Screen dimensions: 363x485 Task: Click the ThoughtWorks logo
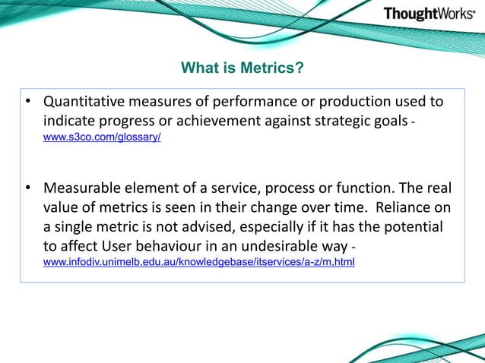click(430, 14)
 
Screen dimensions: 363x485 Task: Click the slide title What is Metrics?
click(242, 69)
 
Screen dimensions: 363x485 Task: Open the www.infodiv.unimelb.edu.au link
click(198, 263)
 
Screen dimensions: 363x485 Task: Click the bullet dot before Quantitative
click(27, 102)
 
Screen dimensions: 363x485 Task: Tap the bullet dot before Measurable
click(27, 188)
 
